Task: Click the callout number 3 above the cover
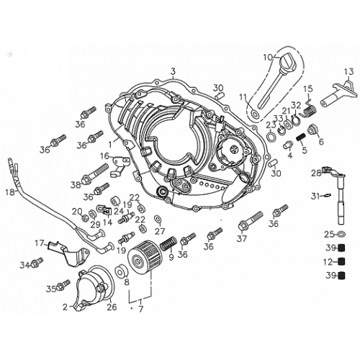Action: point(173,70)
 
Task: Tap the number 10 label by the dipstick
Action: point(267,57)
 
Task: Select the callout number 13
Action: point(348,71)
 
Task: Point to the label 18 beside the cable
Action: point(9,193)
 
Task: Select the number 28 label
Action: point(316,173)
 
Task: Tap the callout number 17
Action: point(40,242)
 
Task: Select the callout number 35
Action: point(51,289)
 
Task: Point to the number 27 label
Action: point(160,231)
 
